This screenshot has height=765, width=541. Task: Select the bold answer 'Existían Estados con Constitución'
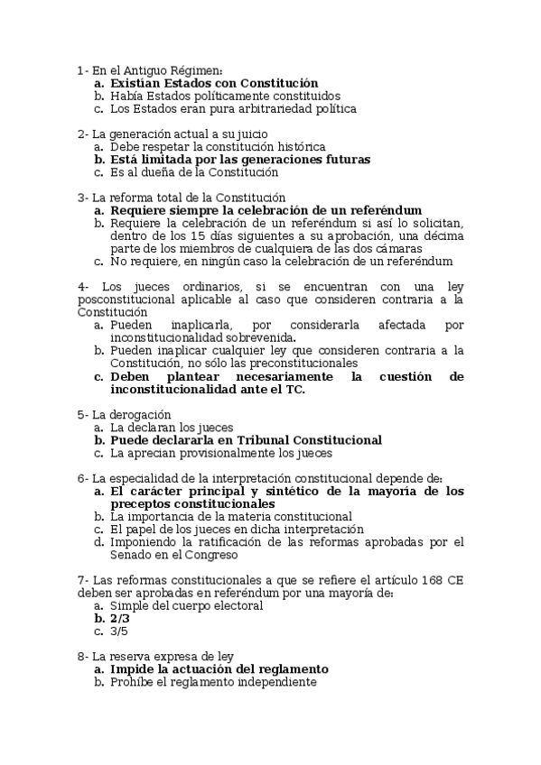coord(214,82)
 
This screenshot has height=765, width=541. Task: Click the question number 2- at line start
coord(83,134)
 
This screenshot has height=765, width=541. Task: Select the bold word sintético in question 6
coord(306,491)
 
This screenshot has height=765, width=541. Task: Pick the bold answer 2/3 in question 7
coord(120,619)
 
